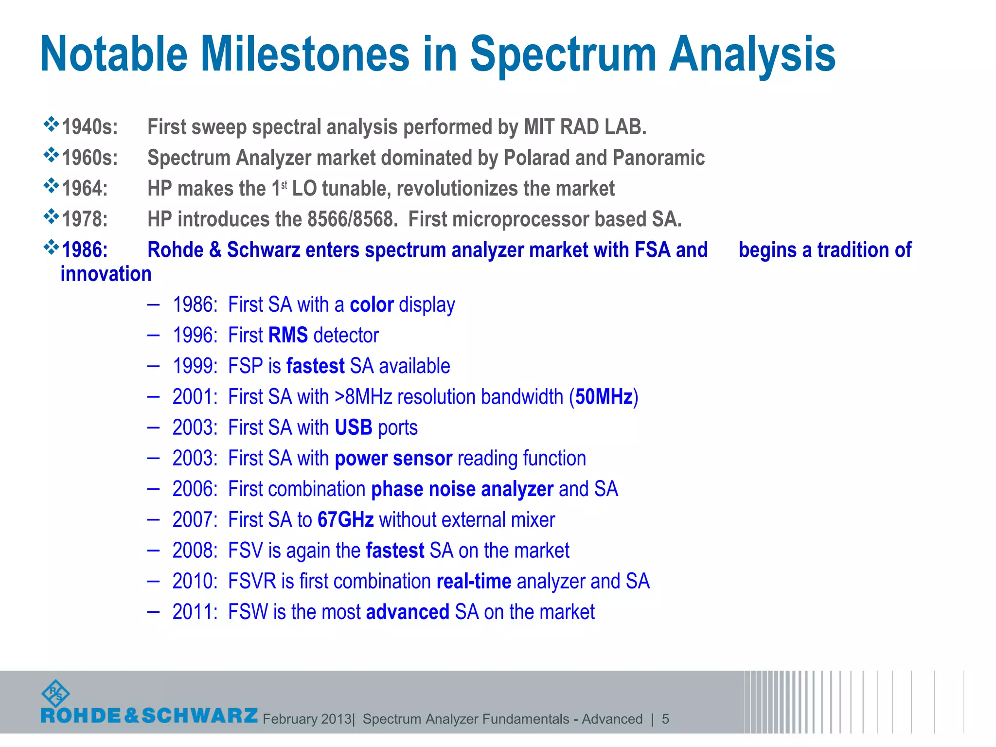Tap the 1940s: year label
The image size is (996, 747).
point(90,127)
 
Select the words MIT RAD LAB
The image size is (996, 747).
point(585,127)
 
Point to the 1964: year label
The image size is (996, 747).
point(85,189)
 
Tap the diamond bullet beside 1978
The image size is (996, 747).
point(51,217)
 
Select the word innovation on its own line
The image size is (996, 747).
point(106,274)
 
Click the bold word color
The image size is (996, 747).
point(372,305)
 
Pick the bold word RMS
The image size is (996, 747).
point(288,336)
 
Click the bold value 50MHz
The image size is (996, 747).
point(604,397)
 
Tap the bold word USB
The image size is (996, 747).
point(354,428)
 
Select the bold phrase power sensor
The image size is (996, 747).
point(393,459)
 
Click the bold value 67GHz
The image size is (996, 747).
point(345,520)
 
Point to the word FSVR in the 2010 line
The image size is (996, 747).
point(252,581)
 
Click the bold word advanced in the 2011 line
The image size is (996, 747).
point(408,612)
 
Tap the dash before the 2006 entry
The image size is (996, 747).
point(153,488)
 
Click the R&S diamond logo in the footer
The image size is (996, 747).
point(56,694)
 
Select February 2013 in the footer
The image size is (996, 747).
point(307,719)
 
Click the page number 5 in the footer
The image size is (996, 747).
point(665,719)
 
